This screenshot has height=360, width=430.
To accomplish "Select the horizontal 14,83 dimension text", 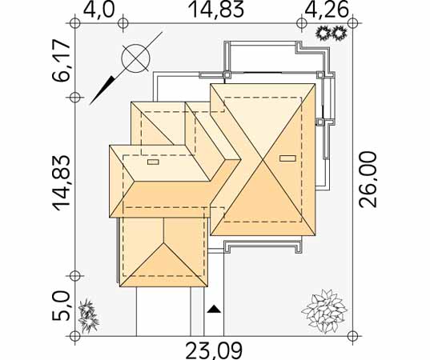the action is coord(216,10).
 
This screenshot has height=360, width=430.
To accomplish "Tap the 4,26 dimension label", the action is coord(327,10).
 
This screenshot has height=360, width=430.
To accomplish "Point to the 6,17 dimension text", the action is coord(61,61).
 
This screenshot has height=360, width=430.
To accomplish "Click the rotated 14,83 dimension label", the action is coord(61,183).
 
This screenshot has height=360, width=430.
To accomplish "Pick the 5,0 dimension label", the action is coord(61,306).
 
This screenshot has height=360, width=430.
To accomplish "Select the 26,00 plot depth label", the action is coord(368,179).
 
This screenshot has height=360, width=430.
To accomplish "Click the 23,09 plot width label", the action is coord(214,350).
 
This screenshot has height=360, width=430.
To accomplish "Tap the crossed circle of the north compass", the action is coord(136,58).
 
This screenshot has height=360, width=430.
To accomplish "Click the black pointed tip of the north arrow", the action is coord(90,104).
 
